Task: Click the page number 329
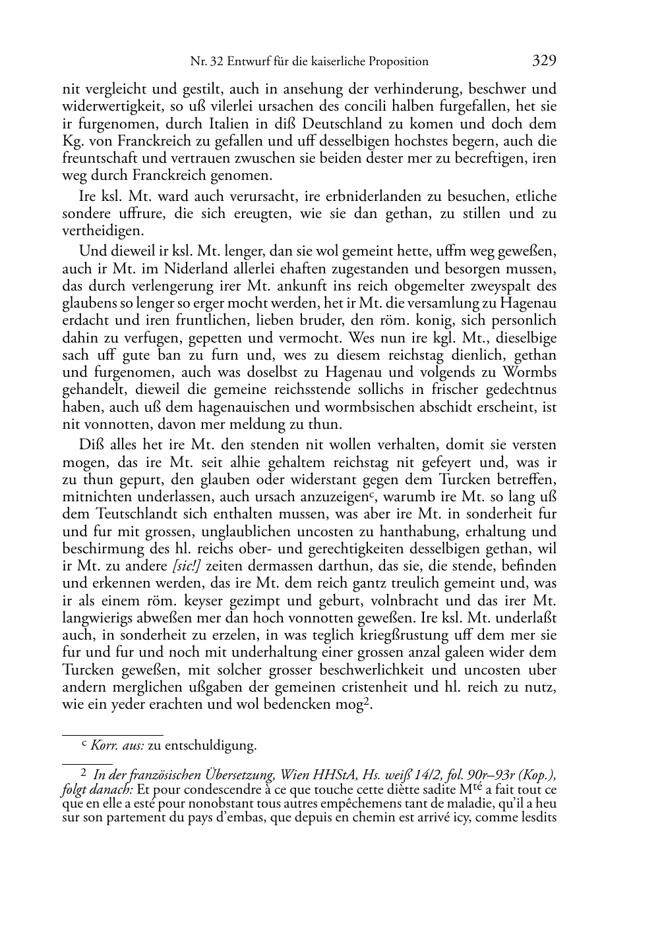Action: click(544, 61)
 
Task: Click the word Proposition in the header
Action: click(396, 62)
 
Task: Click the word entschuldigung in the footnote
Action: click(210, 746)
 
